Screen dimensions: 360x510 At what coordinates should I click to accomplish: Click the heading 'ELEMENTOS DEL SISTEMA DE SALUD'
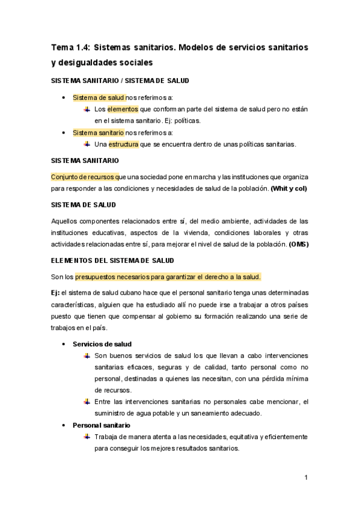coord(112,260)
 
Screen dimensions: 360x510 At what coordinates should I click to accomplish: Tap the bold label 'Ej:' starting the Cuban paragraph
coord(55,292)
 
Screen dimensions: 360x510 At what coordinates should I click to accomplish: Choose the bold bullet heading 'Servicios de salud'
coord(102,344)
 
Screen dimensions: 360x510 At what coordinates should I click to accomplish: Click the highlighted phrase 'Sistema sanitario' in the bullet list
coord(98,132)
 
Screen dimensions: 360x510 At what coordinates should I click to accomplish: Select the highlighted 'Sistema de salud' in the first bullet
coord(99,97)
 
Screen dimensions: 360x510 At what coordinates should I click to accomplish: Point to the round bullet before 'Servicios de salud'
coord(64,344)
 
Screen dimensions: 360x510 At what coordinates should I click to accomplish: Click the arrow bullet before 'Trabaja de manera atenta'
coord(87,437)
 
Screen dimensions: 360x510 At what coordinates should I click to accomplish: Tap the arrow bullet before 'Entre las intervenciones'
coord(87,402)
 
